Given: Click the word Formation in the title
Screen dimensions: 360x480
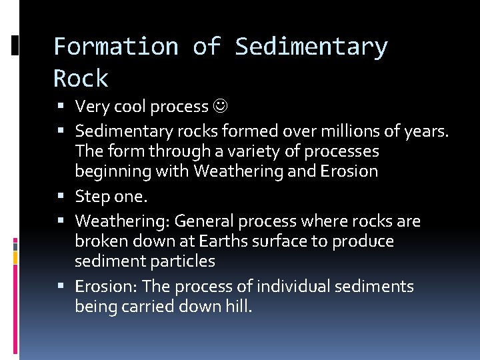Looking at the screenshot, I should click(115, 47).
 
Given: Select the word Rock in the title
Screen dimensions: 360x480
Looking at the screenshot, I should click(81, 79).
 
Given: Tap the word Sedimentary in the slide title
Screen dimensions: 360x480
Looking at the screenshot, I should click(311, 47).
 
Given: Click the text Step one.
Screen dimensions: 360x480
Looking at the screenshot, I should click(111, 197).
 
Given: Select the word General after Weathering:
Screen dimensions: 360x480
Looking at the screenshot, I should click(203, 221).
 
